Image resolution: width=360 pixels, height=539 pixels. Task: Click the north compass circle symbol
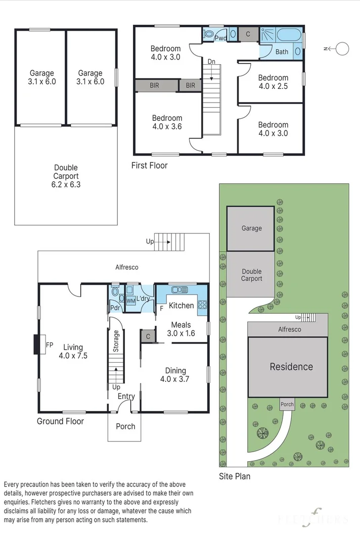342,49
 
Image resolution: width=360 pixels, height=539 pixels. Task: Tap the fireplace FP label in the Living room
50,345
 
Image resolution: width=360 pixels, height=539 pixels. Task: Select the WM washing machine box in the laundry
131,301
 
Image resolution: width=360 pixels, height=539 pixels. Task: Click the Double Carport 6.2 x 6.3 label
66,176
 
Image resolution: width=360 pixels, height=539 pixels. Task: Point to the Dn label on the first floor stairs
211,62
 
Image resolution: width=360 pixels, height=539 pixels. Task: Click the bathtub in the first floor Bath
289,35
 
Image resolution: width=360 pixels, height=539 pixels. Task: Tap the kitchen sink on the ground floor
179,290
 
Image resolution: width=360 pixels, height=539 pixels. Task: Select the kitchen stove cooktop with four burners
202,304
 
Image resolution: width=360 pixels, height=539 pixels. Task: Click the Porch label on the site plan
287,404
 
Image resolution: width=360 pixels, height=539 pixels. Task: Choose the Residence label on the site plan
291,367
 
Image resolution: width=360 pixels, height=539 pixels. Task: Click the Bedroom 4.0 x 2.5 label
273,82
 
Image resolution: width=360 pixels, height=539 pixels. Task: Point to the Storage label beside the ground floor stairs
116,341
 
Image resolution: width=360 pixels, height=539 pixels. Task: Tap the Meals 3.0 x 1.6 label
181,329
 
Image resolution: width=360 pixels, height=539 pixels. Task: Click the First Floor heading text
149,165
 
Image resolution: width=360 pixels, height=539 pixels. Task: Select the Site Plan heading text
235,476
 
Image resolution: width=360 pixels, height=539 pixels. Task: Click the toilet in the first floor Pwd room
208,34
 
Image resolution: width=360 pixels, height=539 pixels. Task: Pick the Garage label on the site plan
252,228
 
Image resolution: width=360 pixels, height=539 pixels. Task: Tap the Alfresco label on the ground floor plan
126,267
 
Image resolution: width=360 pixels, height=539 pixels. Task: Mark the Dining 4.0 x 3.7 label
175,375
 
